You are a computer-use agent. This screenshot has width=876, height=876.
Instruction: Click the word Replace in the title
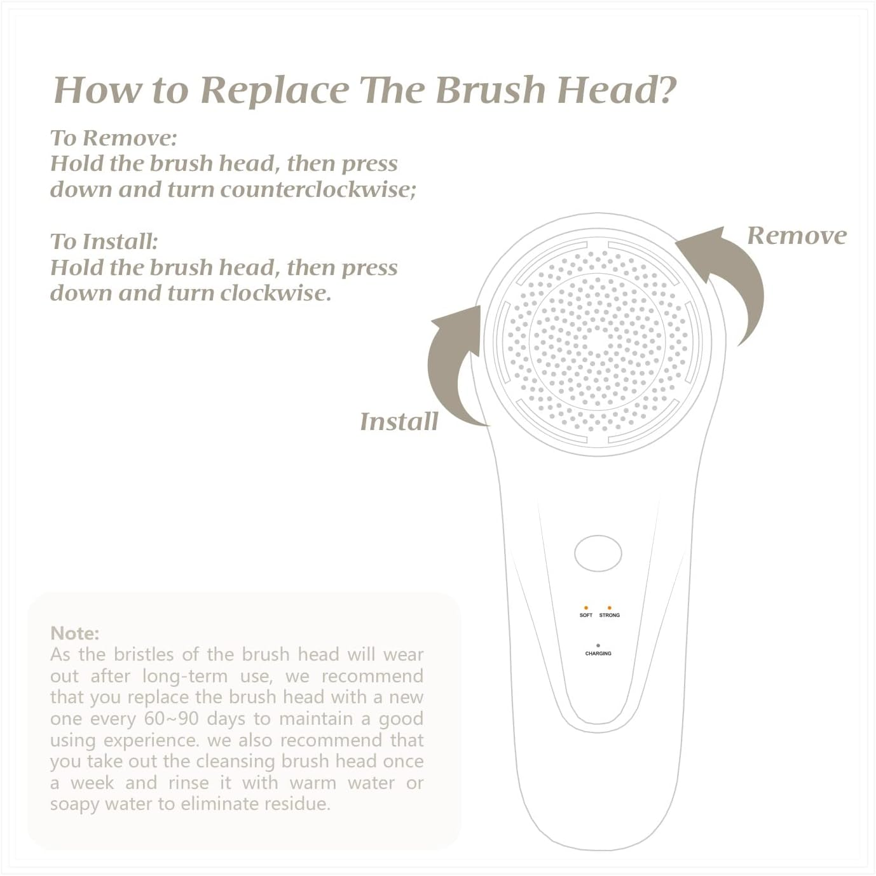coord(274,90)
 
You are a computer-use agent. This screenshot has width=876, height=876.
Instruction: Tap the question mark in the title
coord(663,89)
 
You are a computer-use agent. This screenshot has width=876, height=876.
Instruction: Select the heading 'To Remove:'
coord(114,138)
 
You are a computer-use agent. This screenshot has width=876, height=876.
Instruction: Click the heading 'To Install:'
coord(104,241)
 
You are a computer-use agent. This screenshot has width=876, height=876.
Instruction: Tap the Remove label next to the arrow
coord(797,235)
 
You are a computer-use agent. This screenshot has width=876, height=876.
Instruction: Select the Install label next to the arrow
coord(399,421)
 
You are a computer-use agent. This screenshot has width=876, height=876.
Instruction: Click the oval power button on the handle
coord(598,553)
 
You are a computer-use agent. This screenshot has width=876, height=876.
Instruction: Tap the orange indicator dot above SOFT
coord(585,608)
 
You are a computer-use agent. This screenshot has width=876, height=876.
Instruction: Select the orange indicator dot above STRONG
coord(609,608)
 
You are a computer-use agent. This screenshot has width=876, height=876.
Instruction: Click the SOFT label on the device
coord(585,615)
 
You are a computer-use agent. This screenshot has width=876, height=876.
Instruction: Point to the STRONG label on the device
coord(609,615)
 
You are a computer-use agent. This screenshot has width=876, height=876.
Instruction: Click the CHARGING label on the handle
coord(598,653)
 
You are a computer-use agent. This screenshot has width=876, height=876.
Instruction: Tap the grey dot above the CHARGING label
coord(598,645)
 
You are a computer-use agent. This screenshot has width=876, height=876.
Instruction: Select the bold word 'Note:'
coord(75,633)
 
